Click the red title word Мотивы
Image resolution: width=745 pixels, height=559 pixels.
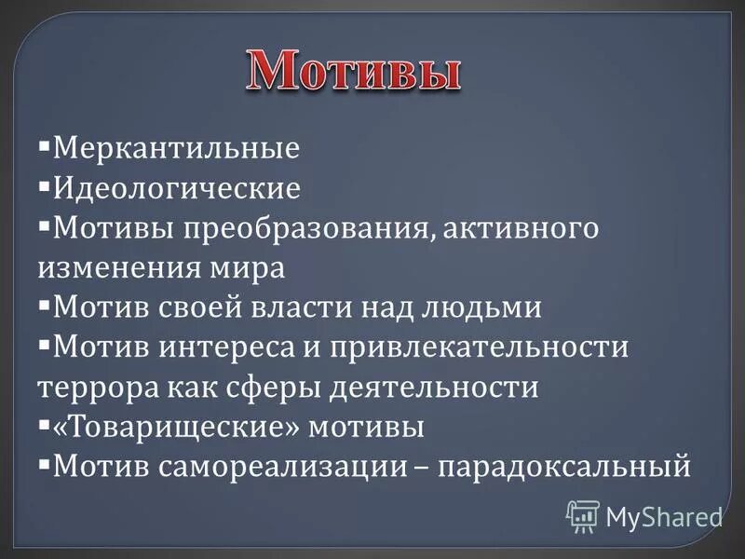tap(354, 71)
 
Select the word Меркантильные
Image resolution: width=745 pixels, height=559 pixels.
tap(176, 148)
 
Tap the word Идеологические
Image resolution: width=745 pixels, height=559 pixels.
tap(177, 189)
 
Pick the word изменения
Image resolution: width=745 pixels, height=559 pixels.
tap(111, 268)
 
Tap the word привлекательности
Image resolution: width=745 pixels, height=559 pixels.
tap(484, 348)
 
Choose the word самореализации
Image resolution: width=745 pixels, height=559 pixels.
tap(278, 466)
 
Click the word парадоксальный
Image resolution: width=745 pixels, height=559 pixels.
tap(567, 466)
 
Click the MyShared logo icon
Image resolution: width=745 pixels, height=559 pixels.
tap(583, 515)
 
